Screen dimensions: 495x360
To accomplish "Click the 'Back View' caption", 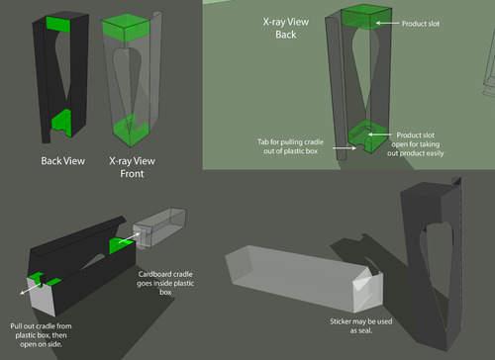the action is [x=63, y=161].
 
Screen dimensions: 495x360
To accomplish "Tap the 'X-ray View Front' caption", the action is [x=132, y=167].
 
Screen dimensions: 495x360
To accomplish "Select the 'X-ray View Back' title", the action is [x=286, y=28].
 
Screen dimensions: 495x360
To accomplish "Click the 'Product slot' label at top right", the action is [x=421, y=24].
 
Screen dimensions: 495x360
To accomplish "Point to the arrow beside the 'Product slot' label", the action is [x=387, y=23].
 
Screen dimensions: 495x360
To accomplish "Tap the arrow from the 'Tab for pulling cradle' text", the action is [x=345, y=148].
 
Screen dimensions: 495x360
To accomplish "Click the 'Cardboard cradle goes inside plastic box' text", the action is [x=165, y=283].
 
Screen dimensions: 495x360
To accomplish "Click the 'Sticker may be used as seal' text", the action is [x=361, y=325].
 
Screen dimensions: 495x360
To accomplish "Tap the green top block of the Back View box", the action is [x=58, y=24].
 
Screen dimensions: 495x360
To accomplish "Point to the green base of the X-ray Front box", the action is [x=131, y=131].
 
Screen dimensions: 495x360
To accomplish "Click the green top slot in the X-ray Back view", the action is [x=366, y=17].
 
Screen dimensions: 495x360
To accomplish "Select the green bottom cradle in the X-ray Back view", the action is [x=367, y=136].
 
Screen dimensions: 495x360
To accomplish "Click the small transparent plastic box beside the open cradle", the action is [x=159, y=227].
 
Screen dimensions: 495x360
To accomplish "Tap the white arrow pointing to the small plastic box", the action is [x=129, y=238].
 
